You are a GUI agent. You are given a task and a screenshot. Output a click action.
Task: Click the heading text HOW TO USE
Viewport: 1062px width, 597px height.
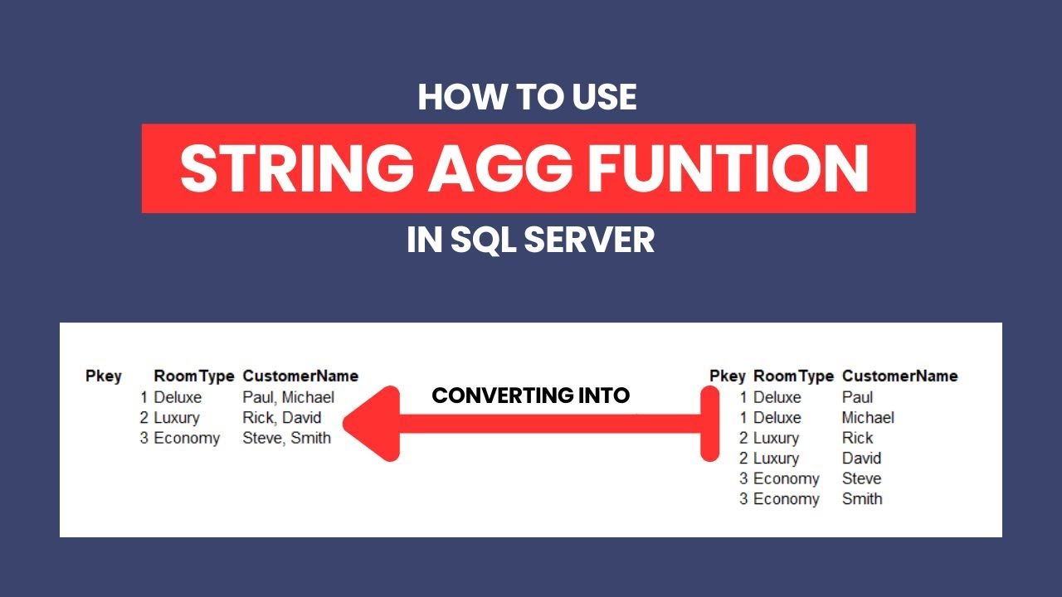click(x=528, y=98)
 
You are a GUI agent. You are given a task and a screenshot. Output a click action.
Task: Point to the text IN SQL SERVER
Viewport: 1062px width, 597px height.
click(x=530, y=240)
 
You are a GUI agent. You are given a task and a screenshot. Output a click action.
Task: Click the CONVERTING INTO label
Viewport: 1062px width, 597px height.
click(x=531, y=396)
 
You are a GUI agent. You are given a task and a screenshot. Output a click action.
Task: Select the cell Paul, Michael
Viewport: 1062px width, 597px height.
click(x=288, y=397)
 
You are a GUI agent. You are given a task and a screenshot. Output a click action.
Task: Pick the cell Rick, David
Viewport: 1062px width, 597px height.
click(x=281, y=417)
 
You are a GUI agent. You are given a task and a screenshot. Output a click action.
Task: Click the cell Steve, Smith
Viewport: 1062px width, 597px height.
click(x=286, y=438)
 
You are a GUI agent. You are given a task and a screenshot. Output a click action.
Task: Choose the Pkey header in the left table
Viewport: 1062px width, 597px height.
click(x=104, y=376)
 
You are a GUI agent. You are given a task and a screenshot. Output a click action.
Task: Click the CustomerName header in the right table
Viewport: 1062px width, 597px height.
click(x=899, y=376)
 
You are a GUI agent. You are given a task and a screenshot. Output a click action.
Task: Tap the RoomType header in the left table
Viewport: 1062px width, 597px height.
click(x=194, y=376)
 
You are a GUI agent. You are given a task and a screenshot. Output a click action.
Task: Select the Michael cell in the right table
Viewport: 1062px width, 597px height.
click(x=868, y=417)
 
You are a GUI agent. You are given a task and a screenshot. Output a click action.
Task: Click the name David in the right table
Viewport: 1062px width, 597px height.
click(x=861, y=458)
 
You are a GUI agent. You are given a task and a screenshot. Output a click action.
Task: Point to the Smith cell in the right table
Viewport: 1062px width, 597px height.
click(x=862, y=498)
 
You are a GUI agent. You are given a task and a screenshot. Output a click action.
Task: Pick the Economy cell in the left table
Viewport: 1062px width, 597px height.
click(x=187, y=438)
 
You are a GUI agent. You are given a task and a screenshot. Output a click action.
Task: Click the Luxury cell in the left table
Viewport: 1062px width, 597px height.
click(x=177, y=417)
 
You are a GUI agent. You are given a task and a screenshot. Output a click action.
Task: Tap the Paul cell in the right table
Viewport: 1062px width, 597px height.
click(x=857, y=397)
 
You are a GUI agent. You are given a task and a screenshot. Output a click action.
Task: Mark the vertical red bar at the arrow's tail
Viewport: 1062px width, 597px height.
click(x=709, y=424)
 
